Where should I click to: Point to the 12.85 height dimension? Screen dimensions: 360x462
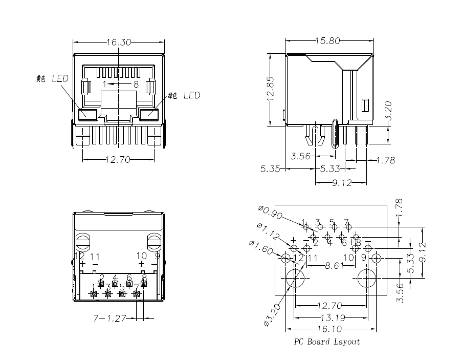point(272,90)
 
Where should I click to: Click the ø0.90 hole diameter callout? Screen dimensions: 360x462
point(270,212)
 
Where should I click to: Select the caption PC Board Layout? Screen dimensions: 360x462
point(327,342)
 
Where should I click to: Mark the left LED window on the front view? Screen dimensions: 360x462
point(89,114)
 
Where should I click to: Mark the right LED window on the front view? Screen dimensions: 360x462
point(147,114)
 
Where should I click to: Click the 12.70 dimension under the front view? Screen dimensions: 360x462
point(118,160)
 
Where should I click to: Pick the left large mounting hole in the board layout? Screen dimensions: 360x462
point(295,280)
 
